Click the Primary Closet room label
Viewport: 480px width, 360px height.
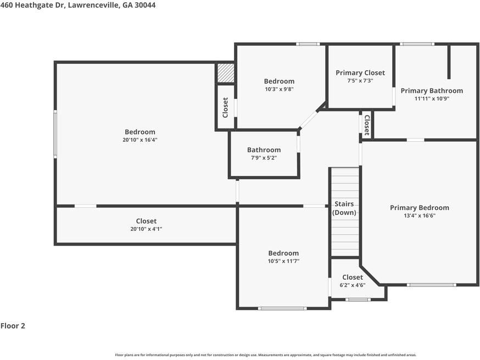coord(360,73)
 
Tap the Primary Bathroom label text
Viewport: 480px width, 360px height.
coord(431,91)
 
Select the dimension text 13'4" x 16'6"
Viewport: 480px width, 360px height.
coord(419,216)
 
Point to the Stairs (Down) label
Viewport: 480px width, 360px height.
coord(344,208)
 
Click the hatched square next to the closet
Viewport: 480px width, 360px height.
coord(225,73)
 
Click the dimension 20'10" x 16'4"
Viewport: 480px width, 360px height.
coord(140,140)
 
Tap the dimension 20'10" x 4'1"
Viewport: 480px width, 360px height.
coord(146,229)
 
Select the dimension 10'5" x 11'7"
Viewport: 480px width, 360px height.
coord(283,262)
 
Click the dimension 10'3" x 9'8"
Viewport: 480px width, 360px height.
coord(279,90)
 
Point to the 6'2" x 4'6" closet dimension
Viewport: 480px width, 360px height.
coord(352,285)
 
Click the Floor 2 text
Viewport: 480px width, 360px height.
coord(13,326)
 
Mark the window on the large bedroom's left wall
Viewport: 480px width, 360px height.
coord(55,134)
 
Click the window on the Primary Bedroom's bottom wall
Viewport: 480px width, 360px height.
coord(431,285)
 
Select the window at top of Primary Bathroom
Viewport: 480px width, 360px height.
coord(417,44)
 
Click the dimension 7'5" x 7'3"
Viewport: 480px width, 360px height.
coord(360,81)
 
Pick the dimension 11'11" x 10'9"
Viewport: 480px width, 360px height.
coord(431,99)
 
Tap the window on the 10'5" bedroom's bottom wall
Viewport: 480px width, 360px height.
coord(282,308)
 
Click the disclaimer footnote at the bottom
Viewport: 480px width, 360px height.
coord(265,355)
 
